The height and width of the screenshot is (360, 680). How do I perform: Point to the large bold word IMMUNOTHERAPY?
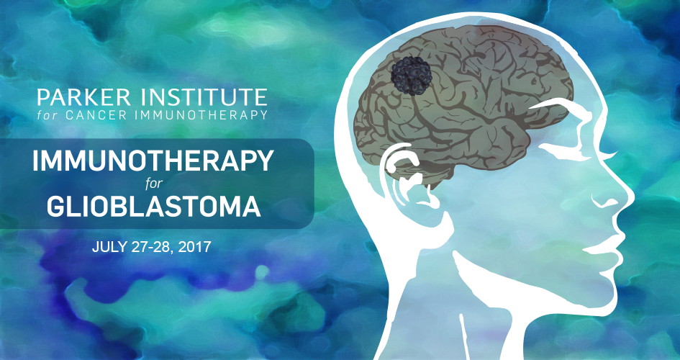153,161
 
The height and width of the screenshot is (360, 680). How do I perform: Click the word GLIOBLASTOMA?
154,207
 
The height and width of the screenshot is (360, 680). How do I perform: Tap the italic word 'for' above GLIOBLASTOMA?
154,184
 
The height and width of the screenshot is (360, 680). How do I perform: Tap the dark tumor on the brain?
411,76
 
